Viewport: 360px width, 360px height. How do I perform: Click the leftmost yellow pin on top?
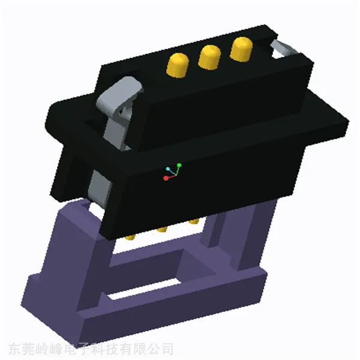pos(178,65)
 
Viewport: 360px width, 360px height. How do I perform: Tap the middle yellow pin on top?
pos(209,57)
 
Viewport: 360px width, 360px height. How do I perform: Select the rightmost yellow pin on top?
pos(241,49)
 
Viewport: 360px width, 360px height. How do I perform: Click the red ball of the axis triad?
pos(166,178)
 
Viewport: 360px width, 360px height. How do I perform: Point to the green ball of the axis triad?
pos(179,166)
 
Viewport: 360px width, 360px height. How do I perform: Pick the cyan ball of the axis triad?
pos(168,169)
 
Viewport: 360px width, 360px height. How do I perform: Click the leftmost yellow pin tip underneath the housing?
pos(130,237)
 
